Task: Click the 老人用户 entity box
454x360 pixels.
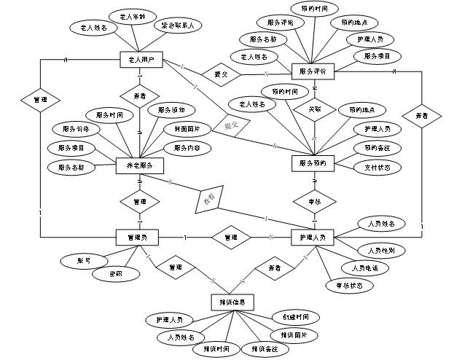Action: tap(139, 60)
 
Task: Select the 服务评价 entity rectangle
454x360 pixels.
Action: tap(313, 71)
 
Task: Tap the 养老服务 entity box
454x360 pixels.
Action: tap(139, 165)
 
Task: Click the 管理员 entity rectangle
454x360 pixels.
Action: tap(138, 237)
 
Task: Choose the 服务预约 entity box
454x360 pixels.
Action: tap(313, 164)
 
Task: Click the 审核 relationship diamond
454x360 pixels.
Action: tap(313, 200)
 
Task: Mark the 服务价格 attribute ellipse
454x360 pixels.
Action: tap(76, 129)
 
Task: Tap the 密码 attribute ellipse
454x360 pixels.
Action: tap(114, 274)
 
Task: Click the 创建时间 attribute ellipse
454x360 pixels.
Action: tap(285, 318)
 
